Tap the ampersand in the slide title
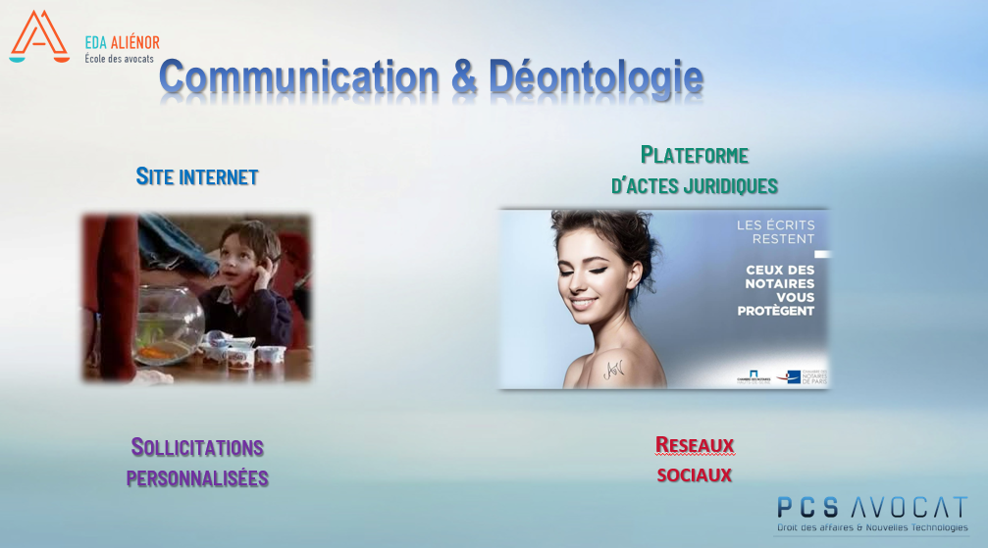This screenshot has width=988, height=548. click(464, 78)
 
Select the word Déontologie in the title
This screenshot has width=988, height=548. click(596, 78)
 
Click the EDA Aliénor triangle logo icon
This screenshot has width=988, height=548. click(38, 36)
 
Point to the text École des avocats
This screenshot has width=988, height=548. click(119, 59)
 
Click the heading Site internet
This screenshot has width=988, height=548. click(197, 177)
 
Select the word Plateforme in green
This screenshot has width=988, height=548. click(695, 155)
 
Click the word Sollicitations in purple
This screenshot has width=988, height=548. click(197, 448)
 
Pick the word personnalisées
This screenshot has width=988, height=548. click(197, 478)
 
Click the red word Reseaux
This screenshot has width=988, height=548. click(695, 446)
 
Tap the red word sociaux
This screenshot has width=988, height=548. click(695, 475)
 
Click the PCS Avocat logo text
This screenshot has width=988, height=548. click(871, 507)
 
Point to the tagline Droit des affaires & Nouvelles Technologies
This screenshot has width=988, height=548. click(871, 528)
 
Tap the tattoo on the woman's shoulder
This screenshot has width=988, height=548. click(613, 369)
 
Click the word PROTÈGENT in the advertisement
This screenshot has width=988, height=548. click(776, 311)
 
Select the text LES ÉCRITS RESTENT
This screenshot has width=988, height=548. click(776, 231)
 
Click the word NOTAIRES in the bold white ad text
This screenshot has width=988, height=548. click(780, 283)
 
